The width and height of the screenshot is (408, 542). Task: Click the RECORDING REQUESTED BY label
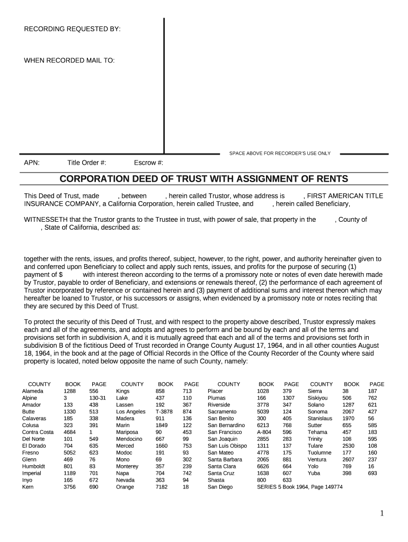72,29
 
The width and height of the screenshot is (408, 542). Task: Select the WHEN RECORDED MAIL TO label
69,60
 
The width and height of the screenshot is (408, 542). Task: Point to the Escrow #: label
149,162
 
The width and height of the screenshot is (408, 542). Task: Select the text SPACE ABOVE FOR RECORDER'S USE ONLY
280,153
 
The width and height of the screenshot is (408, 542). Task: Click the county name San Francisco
225,432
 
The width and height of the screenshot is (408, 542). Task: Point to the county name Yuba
314,460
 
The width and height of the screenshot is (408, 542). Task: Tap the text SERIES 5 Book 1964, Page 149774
299,487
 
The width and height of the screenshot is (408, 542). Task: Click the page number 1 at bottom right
382,514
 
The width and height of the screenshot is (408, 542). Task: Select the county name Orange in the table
125,487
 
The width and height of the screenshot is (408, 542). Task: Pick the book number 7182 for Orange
162,487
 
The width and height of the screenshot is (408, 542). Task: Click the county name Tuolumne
321,453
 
